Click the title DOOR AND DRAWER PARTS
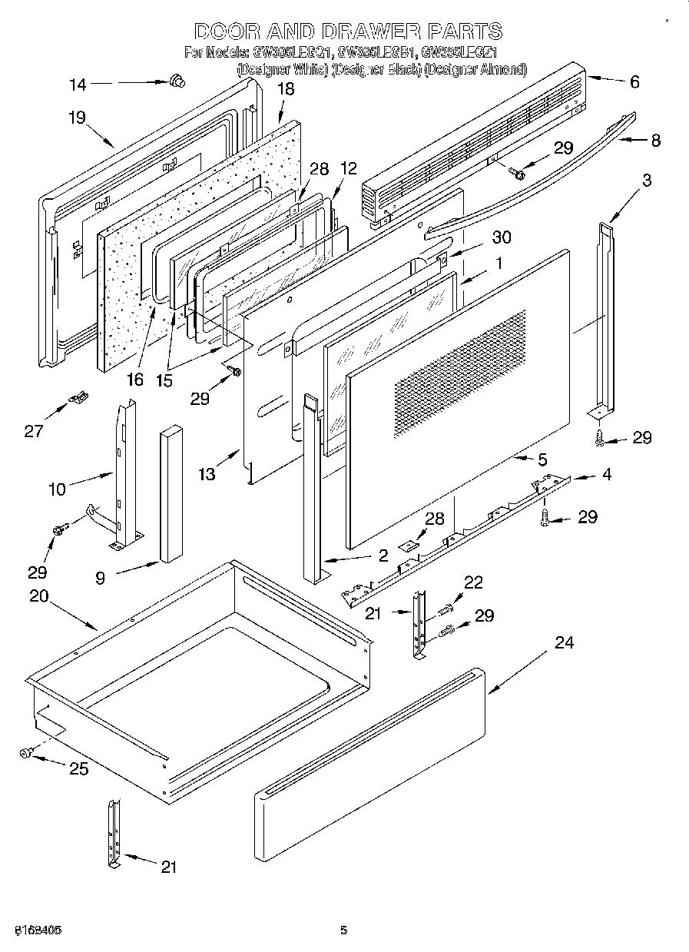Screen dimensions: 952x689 (x=347, y=32)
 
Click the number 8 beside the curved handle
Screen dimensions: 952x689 (x=654, y=141)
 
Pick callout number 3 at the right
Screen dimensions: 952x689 (x=648, y=181)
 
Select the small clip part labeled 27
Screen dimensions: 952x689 (x=78, y=398)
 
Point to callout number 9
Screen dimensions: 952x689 (x=101, y=579)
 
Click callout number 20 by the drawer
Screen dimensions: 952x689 (x=41, y=595)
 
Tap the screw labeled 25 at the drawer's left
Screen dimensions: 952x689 (x=25, y=754)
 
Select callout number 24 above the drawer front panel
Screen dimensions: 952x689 (x=564, y=643)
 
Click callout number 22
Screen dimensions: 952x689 (x=474, y=584)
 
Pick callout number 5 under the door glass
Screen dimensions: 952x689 (x=542, y=460)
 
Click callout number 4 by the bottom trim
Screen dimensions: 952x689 (x=607, y=475)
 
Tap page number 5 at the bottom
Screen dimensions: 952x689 (x=344, y=930)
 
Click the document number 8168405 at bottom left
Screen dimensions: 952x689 (x=38, y=930)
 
